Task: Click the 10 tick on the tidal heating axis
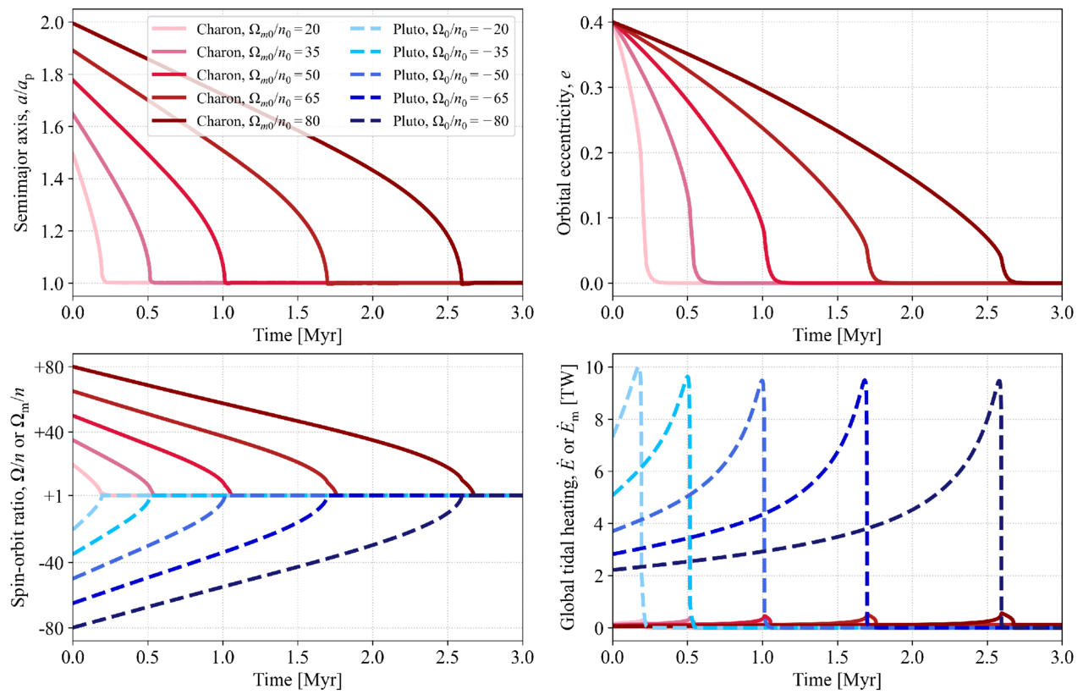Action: pos(593,367)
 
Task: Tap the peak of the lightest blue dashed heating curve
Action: pos(637,369)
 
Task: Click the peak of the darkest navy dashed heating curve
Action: pos(999,381)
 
